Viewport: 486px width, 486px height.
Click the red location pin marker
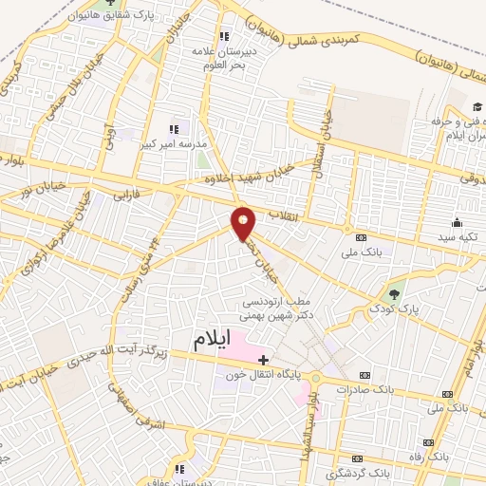click(x=244, y=222)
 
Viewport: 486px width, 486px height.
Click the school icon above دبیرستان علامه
click(x=225, y=37)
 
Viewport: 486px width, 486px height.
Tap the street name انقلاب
click(x=285, y=215)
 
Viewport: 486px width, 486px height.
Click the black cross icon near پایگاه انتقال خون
click(x=263, y=360)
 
